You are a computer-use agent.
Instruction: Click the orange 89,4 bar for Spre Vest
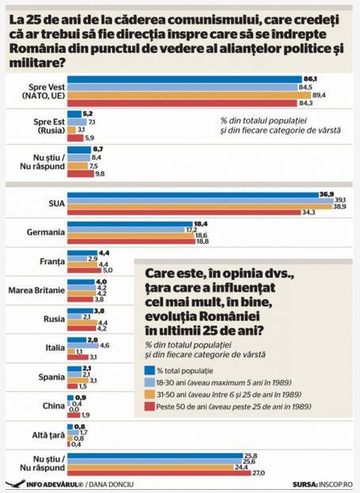(x=189, y=95)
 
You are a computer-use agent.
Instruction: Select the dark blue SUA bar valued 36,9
(x=193, y=195)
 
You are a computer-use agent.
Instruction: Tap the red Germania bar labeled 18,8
(x=131, y=241)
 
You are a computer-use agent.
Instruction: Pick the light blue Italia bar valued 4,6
(x=83, y=346)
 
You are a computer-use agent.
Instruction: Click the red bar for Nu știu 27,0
(x=159, y=473)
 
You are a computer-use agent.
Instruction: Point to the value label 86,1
(x=310, y=79)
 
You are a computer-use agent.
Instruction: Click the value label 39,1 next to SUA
(x=340, y=200)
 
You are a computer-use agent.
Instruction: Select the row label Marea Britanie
(x=36, y=290)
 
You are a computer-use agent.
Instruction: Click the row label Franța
(x=52, y=262)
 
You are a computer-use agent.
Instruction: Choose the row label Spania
(x=51, y=377)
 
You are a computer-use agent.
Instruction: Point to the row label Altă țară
(x=48, y=435)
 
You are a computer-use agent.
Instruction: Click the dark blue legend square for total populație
(x=150, y=370)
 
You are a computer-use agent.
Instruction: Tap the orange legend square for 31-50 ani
(x=150, y=394)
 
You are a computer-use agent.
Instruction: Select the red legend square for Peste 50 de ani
(x=150, y=406)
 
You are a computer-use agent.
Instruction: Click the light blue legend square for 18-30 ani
(x=150, y=382)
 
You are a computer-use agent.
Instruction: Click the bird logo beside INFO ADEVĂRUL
(x=15, y=484)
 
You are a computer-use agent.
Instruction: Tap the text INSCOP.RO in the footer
(x=335, y=484)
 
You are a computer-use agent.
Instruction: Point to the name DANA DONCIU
(x=112, y=484)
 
